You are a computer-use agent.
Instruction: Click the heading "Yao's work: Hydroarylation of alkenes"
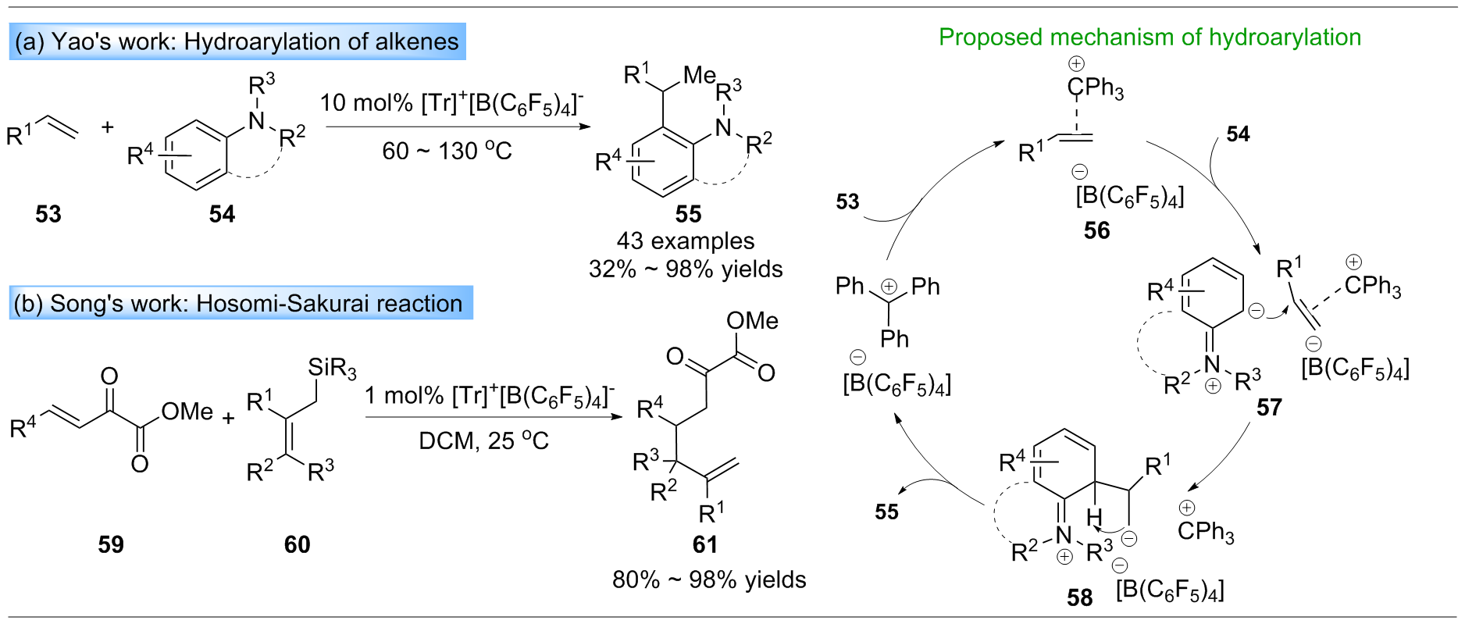[237, 41]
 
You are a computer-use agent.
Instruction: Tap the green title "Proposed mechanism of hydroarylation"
[1150, 37]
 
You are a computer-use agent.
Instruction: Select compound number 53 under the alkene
[48, 214]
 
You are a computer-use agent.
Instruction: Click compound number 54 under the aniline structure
[222, 214]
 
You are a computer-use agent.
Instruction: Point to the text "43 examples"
[686, 241]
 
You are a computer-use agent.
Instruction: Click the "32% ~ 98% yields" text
[686, 269]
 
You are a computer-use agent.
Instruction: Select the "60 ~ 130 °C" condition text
[447, 150]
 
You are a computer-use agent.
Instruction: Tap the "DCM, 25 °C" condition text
[483, 441]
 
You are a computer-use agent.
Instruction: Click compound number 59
[111, 544]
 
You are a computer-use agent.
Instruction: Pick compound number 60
[298, 544]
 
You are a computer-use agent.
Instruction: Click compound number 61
[705, 544]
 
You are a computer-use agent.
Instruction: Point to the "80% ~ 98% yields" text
[709, 579]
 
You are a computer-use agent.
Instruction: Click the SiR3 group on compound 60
[332, 368]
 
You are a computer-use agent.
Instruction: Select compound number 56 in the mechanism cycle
[1096, 230]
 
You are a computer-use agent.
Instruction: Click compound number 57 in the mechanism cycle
[1269, 408]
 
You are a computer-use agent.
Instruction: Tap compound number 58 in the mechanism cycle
[1080, 597]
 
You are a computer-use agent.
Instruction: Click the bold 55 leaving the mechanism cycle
[887, 512]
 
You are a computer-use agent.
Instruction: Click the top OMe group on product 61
[752, 321]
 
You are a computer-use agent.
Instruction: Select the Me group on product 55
[699, 75]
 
